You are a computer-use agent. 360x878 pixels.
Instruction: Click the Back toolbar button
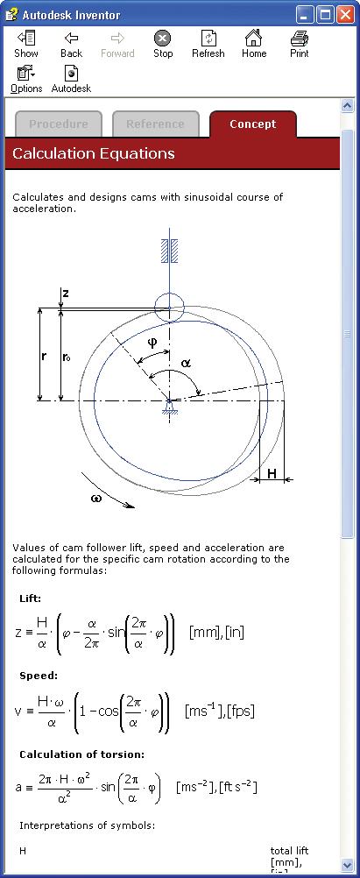[71, 45]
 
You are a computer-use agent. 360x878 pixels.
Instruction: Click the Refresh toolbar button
[208, 45]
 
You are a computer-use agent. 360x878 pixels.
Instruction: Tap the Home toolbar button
[253, 45]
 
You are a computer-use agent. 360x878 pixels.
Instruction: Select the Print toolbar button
[299, 45]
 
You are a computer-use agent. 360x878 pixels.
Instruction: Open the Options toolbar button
[25, 80]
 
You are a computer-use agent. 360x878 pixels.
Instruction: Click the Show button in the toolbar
[25, 45]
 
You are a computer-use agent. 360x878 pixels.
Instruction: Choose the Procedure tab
[58, 124]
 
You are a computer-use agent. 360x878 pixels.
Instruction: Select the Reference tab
[155, 124]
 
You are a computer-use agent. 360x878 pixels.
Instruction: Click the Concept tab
[252, 124]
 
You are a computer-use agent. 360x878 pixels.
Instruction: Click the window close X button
[345, 15]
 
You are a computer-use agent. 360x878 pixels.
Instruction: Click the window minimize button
[305, 15]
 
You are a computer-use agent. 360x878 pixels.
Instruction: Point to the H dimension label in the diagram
[272, 474]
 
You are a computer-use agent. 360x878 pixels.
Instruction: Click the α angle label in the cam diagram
[186, 363]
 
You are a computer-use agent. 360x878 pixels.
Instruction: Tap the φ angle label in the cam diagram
[152, 342]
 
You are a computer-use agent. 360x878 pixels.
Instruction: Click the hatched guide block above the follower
[169, 251]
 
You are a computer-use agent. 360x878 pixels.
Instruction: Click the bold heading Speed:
[38, 676]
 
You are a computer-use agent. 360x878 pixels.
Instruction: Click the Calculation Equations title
[94, 154]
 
